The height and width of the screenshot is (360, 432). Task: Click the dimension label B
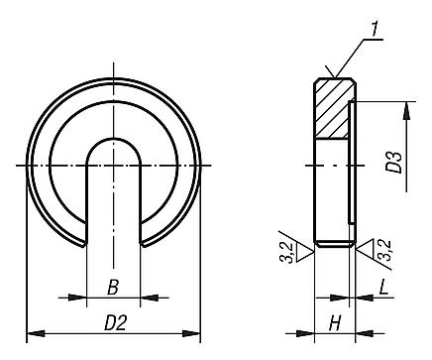(x=113, y=287)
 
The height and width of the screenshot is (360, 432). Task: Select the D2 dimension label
(x=116, y=322)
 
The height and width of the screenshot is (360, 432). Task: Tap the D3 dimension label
(x=394, y=163)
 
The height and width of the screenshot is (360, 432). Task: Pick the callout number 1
(x=374, y=29)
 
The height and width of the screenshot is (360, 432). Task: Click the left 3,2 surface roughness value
(x=286, y=253)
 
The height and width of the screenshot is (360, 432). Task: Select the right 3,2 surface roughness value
(x=384, y=250)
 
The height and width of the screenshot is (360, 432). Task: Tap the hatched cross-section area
(x=334, y=108)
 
